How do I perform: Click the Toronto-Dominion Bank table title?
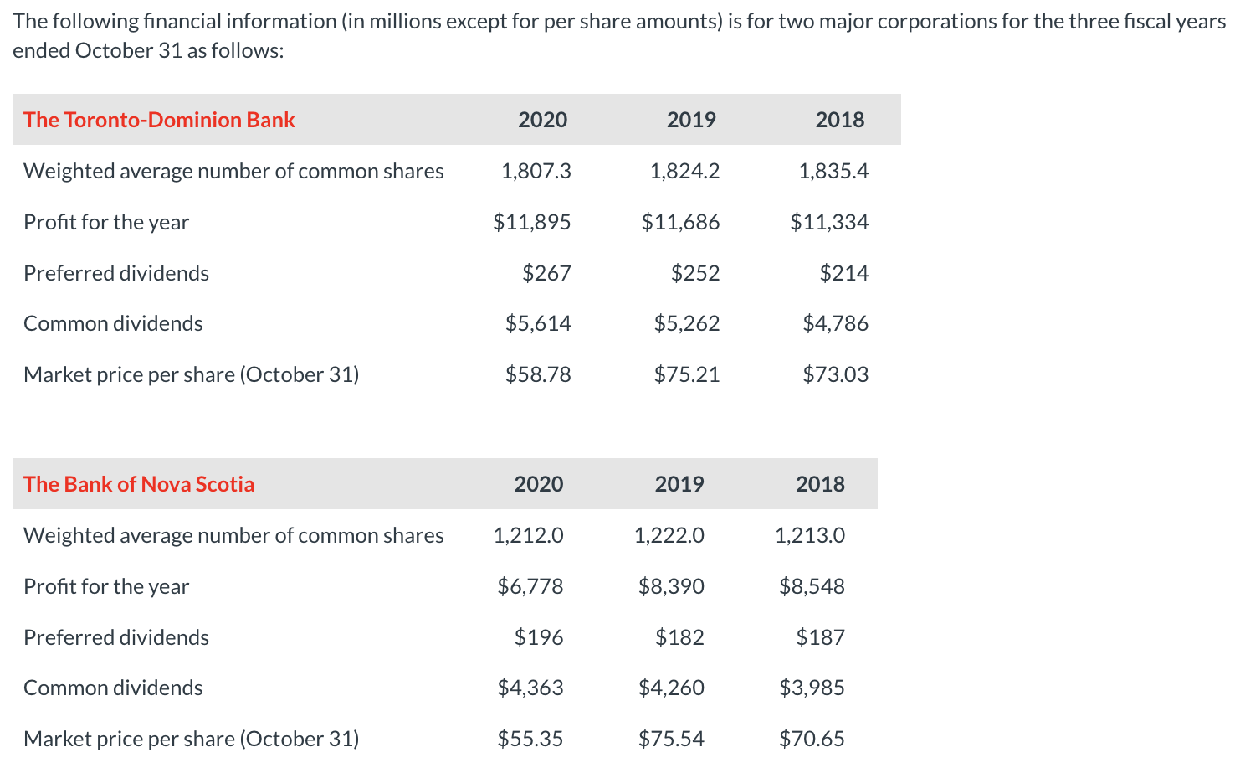pos(159,120)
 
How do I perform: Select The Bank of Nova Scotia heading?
pos(139,484)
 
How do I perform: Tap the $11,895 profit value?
pos(532,222)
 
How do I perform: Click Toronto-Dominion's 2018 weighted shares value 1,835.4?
pos(833,171)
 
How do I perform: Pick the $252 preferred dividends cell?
pos(695,273)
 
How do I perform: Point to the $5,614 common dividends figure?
pos(538,323)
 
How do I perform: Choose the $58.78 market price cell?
pos(538,374)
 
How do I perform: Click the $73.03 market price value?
pos(835,374)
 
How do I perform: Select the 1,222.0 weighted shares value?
pos(669,535)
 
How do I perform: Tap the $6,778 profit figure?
pos(530,586)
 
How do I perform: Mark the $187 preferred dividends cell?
pos(820,637)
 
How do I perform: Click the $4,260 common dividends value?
pos(671,688)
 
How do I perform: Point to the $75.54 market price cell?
pos(671,739)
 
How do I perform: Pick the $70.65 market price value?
pos(812,739)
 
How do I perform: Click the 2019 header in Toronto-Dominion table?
pos(691,120)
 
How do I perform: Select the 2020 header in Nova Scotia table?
pos(539,484)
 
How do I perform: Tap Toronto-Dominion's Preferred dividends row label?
pos(116,273)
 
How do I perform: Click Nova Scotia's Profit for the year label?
pos(106,586)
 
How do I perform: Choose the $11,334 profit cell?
pos(829,222)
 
